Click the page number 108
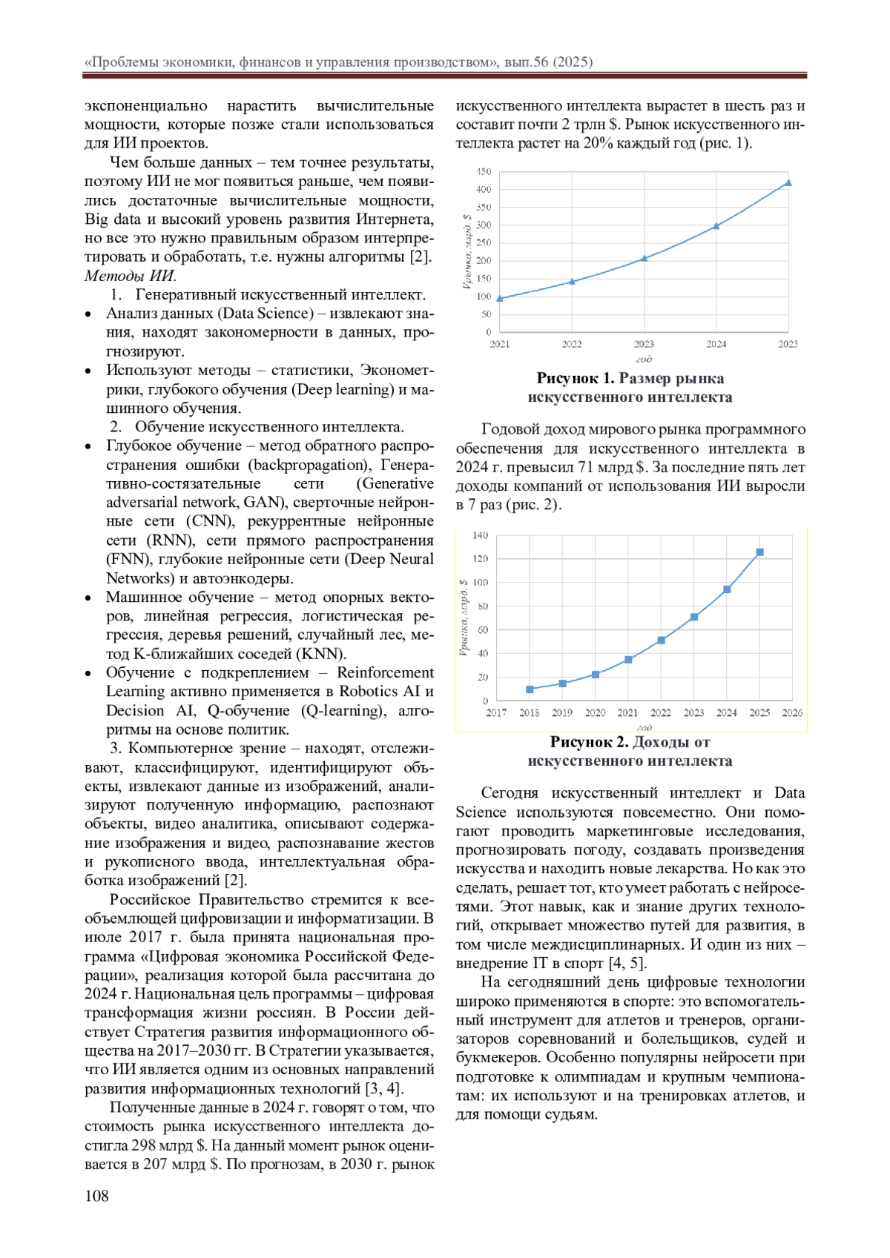[x=96, y=1195]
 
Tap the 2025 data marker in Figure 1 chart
[x=788, y=182]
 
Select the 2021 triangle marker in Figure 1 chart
[x=500, y=299]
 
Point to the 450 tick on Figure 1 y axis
[x=484, y=171]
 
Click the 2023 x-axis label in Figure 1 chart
[x=644, y=344]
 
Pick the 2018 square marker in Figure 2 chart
[x=530, y=689]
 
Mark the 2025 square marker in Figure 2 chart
[x=759, y=552]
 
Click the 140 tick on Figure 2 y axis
[x=480, y=535]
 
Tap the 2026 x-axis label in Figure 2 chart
[x=792, y=712]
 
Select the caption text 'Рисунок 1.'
[x=576, y=379]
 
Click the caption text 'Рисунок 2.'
[x=589, y=742]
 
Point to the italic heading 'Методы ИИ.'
[x=131, y=276]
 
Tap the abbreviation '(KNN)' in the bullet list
[x=321, y=654]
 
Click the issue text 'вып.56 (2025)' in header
[x=548, y=62]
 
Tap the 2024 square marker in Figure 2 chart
[x=727, y=589]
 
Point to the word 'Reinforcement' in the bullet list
[x=385, y=672]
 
